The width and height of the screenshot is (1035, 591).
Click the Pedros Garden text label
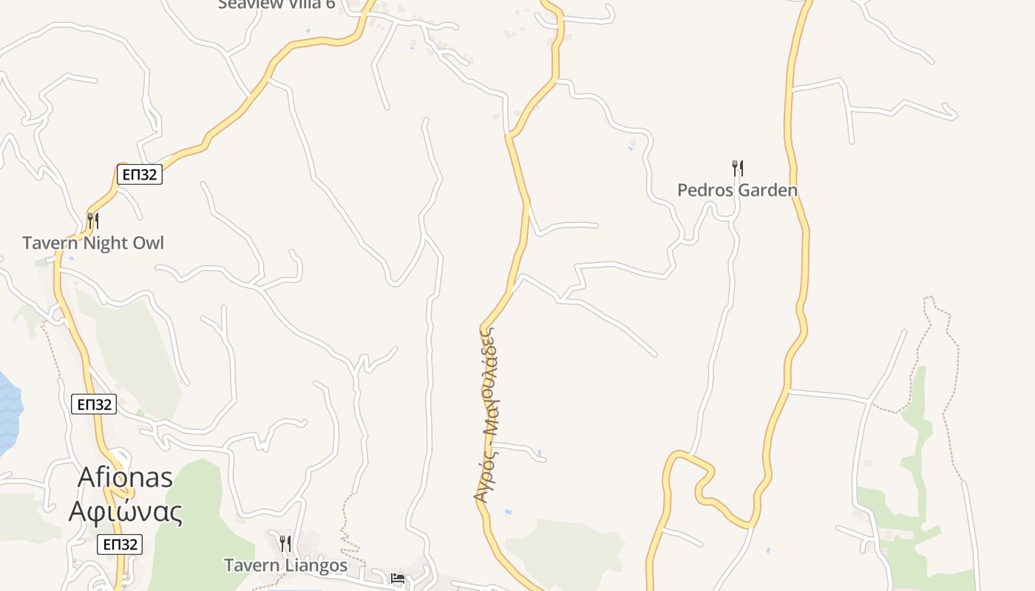point(737,191)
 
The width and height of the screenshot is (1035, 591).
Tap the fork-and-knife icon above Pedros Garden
point(737,168)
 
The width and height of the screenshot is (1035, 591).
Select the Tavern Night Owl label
point(93,243)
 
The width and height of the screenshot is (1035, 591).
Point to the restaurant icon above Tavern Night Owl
point(93,220)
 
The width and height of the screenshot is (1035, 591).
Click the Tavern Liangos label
point(285,566)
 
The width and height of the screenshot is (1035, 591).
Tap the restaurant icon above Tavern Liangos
point(285,544)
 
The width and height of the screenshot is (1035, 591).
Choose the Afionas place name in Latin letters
point(126,477)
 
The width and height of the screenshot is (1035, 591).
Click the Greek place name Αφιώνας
point(126,511)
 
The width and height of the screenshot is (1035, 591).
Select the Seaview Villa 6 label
point(276,4)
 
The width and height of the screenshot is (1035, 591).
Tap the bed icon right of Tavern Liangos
point(398,578)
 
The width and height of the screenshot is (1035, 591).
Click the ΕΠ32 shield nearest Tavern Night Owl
point(140,175)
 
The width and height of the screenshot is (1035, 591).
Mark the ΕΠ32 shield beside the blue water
point(94,405)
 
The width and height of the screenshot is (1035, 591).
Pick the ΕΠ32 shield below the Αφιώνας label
point(120,544)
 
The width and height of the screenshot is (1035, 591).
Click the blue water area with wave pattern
point(7,414)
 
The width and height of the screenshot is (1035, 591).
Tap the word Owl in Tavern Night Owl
point(148,243)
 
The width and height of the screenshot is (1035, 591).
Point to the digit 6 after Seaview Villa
point(330,4)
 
